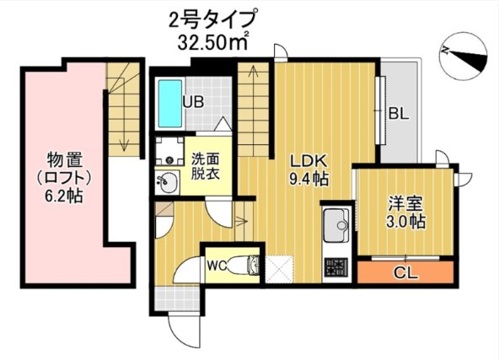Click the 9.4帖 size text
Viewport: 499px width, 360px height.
(x=310, y=179)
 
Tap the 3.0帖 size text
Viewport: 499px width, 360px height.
(x=406, y=221)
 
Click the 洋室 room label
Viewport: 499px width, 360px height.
(x=405, y=202)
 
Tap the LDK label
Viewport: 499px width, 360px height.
(x=309, y=160)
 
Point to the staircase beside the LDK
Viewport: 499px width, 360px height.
(x=254, y=108)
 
